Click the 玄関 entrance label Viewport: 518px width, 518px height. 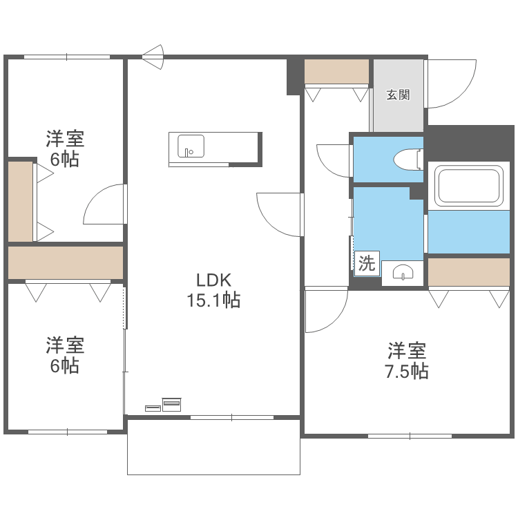[x=398, y=95]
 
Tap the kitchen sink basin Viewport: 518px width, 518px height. [x=191, y=146]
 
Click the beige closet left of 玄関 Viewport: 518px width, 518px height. [x=337, y=72]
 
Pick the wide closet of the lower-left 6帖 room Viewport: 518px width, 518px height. [x=65, y=262]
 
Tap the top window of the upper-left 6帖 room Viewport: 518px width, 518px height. [x=67, y=57]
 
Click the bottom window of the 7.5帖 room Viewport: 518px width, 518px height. [x=410, y=436]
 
